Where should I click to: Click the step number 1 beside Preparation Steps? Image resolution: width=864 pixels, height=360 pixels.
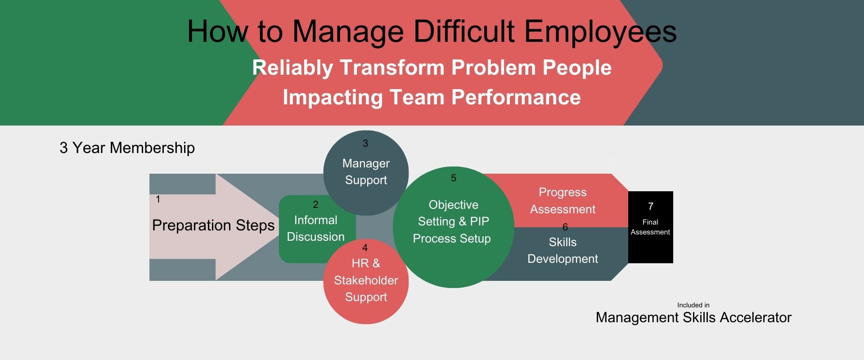click(x=158, y=199)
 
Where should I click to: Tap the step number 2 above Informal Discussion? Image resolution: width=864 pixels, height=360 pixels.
click(x=315, y=205)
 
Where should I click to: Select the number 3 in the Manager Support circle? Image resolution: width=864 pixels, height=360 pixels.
click(x=365, y=144)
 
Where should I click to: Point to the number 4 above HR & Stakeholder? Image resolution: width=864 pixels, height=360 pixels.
click(x=365, y=248)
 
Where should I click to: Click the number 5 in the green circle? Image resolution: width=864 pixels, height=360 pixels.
click(x=454, y=178)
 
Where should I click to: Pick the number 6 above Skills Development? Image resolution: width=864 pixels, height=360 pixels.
click(x=565, y=227)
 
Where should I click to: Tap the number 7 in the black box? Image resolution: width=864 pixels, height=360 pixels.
click(x=651, y=206)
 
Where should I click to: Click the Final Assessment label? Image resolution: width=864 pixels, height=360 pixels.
click(x=650, y=227)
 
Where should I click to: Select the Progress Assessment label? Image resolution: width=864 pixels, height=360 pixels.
click(x=562, y=201)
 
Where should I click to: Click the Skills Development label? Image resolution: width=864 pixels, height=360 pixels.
click(x=562, y=250)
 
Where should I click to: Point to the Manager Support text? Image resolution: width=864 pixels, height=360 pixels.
click(x=366, y=171)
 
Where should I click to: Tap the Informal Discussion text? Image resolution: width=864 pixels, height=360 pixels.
click(x=315, y=228)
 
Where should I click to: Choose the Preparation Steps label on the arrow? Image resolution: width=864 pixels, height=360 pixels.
click(x=213, y=225)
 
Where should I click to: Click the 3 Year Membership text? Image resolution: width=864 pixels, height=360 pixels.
click(x=127, y=148)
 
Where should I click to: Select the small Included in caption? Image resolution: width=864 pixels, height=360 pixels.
click(x=693, y=305)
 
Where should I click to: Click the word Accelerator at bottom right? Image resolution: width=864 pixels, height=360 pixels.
click(x=756, y=317)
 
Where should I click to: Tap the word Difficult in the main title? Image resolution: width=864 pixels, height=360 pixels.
click(x=464, y=31)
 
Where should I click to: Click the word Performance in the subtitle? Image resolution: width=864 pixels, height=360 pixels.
click(x=516, y=97)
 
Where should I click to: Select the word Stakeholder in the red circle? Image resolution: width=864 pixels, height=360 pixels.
click(x=366, y=280)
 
